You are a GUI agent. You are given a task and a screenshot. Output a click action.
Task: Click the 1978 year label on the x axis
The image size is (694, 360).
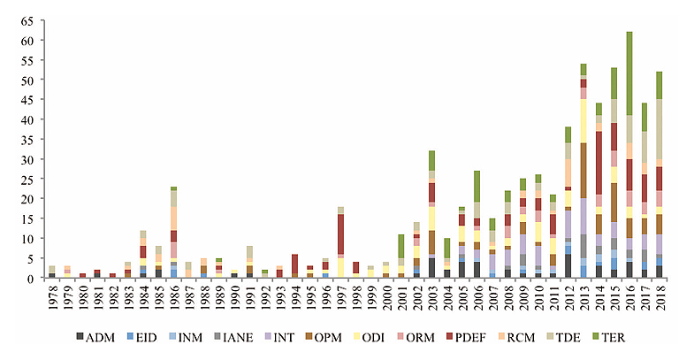(52, 298)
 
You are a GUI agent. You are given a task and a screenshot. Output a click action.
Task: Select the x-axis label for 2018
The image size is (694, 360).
(659, 298)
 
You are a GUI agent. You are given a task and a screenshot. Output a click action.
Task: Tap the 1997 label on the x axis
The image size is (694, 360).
(340, 298)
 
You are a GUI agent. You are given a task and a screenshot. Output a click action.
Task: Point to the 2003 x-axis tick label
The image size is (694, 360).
(431, 298)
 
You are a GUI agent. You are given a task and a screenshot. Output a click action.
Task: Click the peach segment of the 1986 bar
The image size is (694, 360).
(174, 218)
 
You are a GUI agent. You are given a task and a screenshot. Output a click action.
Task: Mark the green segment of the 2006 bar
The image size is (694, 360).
(477, 187)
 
